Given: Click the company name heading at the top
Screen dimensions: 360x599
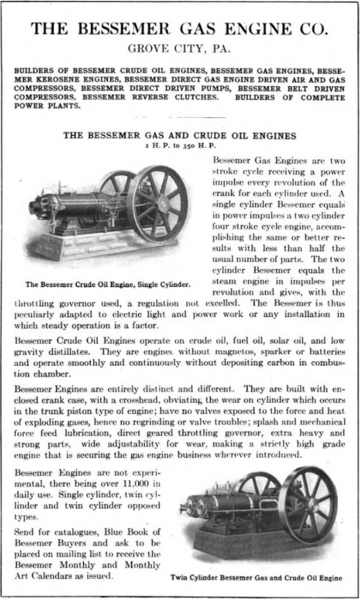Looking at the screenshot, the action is [180, 29].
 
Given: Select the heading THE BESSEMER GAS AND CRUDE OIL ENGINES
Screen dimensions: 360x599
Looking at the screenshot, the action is [180, 136].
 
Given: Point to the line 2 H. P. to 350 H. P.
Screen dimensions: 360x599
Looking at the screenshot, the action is [180, 147].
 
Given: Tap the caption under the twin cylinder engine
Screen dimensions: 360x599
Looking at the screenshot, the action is [257, 577].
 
